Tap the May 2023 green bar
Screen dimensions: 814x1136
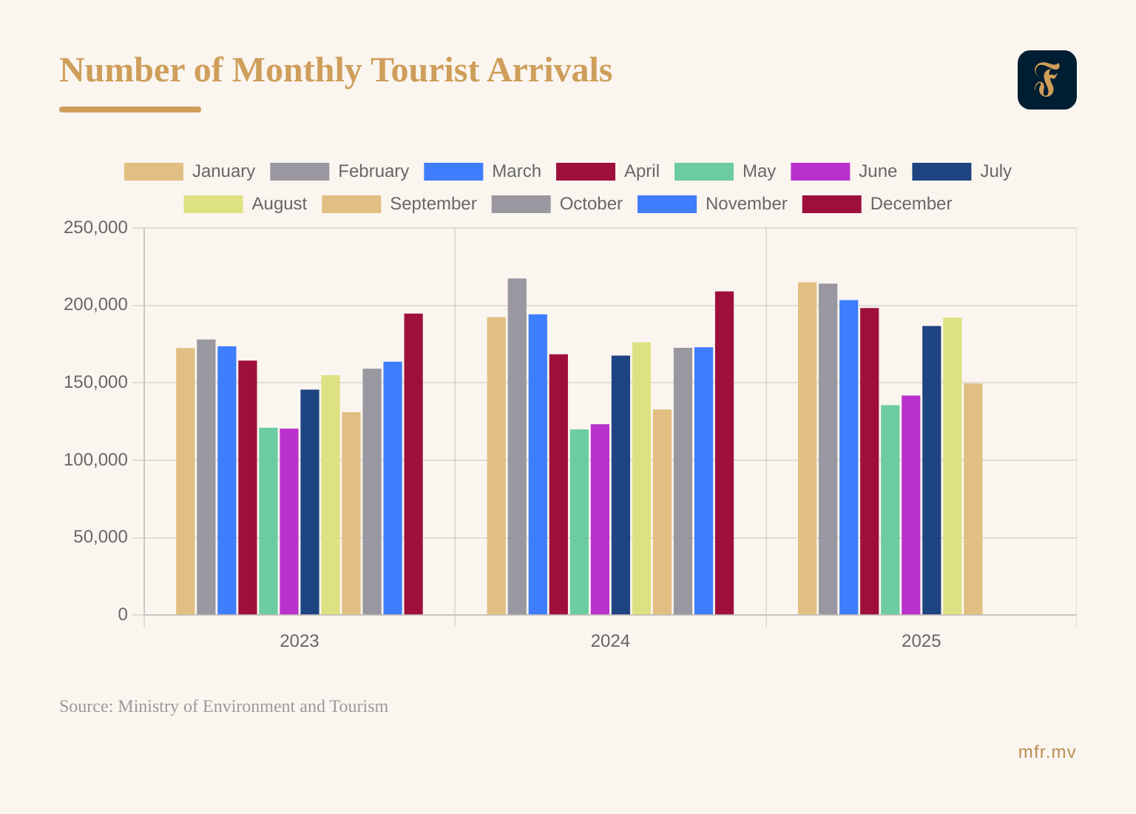point(268,521)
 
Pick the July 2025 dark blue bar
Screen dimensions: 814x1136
point(932,470)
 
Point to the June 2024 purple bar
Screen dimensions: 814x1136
point(600,519)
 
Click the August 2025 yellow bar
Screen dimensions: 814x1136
point(953,466)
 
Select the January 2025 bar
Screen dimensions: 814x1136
point(808,448)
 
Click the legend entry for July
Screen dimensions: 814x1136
point(961,172)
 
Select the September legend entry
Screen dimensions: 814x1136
point(399,204)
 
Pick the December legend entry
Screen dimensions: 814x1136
point(877,204)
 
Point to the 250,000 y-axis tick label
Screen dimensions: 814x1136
point(95,228)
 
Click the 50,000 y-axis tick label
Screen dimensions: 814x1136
point(101,537)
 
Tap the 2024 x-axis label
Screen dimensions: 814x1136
point(610,641)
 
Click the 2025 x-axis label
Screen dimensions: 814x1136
point(921,641)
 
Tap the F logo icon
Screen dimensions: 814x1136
point(1047,80)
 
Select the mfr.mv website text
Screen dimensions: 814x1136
point(1047,753)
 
